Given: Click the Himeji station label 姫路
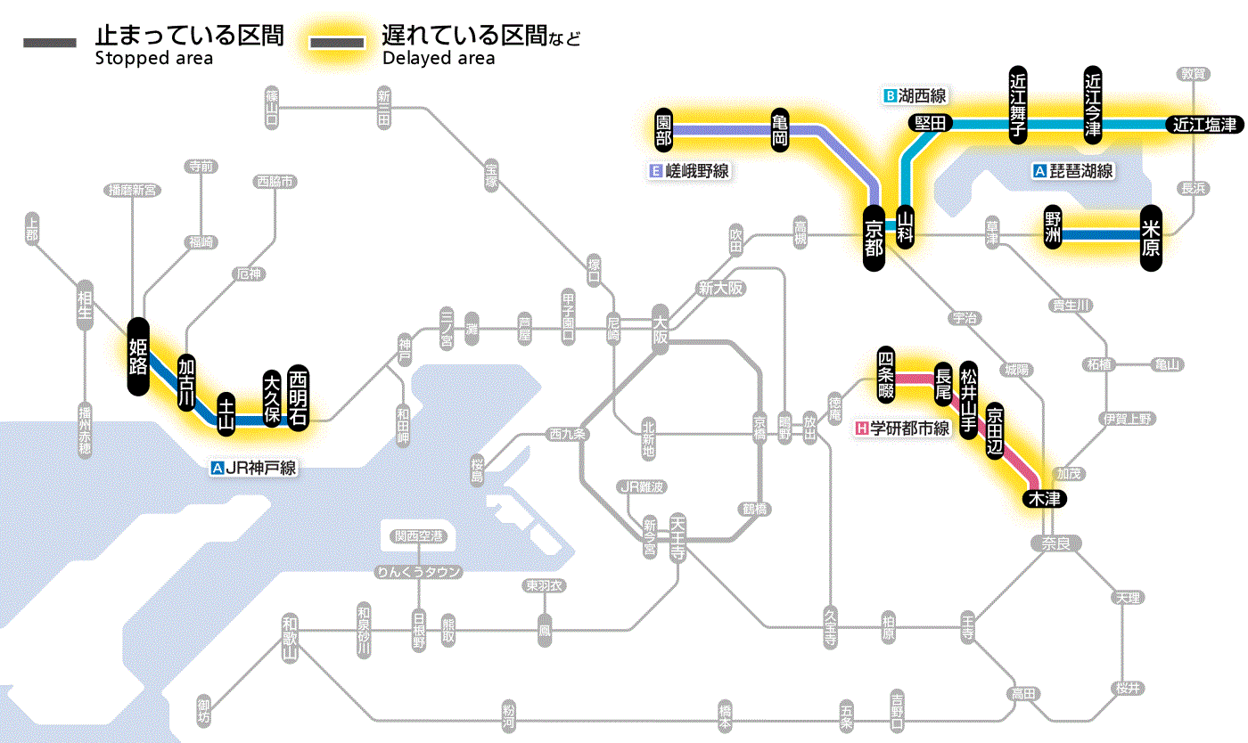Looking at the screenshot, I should coord(138,355).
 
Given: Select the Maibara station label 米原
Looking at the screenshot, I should coord(1151,238).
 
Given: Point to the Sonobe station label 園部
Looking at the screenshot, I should coord(663,130).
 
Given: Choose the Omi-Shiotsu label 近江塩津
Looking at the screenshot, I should coord(1203,125).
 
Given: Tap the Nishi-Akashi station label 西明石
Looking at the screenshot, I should coord(298,397).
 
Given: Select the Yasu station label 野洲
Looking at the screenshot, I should coord(1054,227).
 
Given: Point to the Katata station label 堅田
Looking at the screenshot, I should coord(930,123).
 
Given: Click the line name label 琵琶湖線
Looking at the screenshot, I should coord(1080,171).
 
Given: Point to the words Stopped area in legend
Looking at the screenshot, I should coord(153,59).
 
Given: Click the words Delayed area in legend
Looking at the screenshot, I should coord(439,59).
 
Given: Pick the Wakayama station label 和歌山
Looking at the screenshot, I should coord(289,636).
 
